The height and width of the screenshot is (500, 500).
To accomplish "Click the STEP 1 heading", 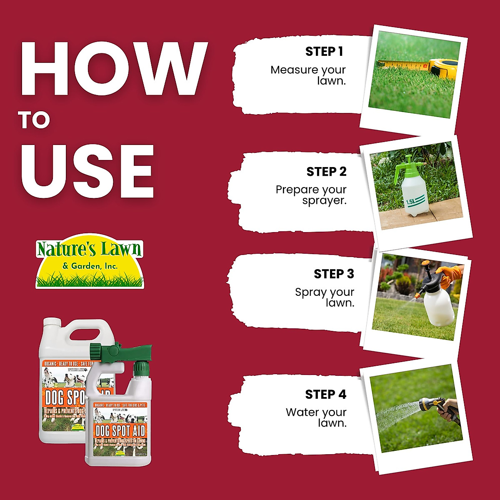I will [x=324, y=52].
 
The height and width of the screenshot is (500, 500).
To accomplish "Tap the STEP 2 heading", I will [x=326, y=172].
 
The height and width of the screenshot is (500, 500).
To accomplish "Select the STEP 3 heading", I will [x=334, y=274].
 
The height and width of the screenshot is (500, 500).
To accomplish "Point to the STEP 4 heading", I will [x=325, y=395].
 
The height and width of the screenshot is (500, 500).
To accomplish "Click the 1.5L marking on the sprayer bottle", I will [x=411, y=202].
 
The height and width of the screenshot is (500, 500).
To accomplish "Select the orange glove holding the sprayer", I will [x=452, y=275].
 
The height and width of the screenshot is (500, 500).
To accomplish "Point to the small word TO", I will [x=34, y=120].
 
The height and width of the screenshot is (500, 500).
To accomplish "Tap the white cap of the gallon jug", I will [x=52, y=323].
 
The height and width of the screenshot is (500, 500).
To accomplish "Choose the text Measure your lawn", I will [x=309, y=75].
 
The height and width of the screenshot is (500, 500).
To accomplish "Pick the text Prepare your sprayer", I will [x=312, y=195].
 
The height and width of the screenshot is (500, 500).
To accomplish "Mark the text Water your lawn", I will [x=317, y=417].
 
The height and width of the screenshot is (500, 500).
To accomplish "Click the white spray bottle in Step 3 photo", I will [x=438, y=306].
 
